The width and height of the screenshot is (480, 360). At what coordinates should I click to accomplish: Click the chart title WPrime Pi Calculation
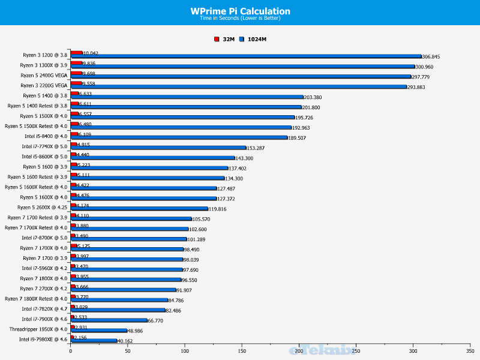(x=240, y=11)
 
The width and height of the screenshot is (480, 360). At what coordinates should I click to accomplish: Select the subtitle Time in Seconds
(x=240, y=18)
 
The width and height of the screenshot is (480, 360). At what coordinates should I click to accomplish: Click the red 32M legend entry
(x=225, y=39)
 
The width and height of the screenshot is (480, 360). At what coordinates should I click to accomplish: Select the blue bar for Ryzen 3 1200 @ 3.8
(x=246, y=56)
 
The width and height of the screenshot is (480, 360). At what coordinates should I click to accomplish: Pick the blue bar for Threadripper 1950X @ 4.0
(x=99, y=331)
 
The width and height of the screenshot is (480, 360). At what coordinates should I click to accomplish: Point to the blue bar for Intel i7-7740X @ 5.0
(x=158, y=148)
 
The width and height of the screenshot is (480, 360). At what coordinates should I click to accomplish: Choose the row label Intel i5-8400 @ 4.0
(x=44, y=136)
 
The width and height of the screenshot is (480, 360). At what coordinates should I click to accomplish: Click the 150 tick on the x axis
(x=242, y=350)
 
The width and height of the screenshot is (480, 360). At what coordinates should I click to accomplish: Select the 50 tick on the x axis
(x=128, y=350)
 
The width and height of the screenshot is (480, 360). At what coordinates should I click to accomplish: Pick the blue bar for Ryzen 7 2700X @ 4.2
(x=123, y=290)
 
